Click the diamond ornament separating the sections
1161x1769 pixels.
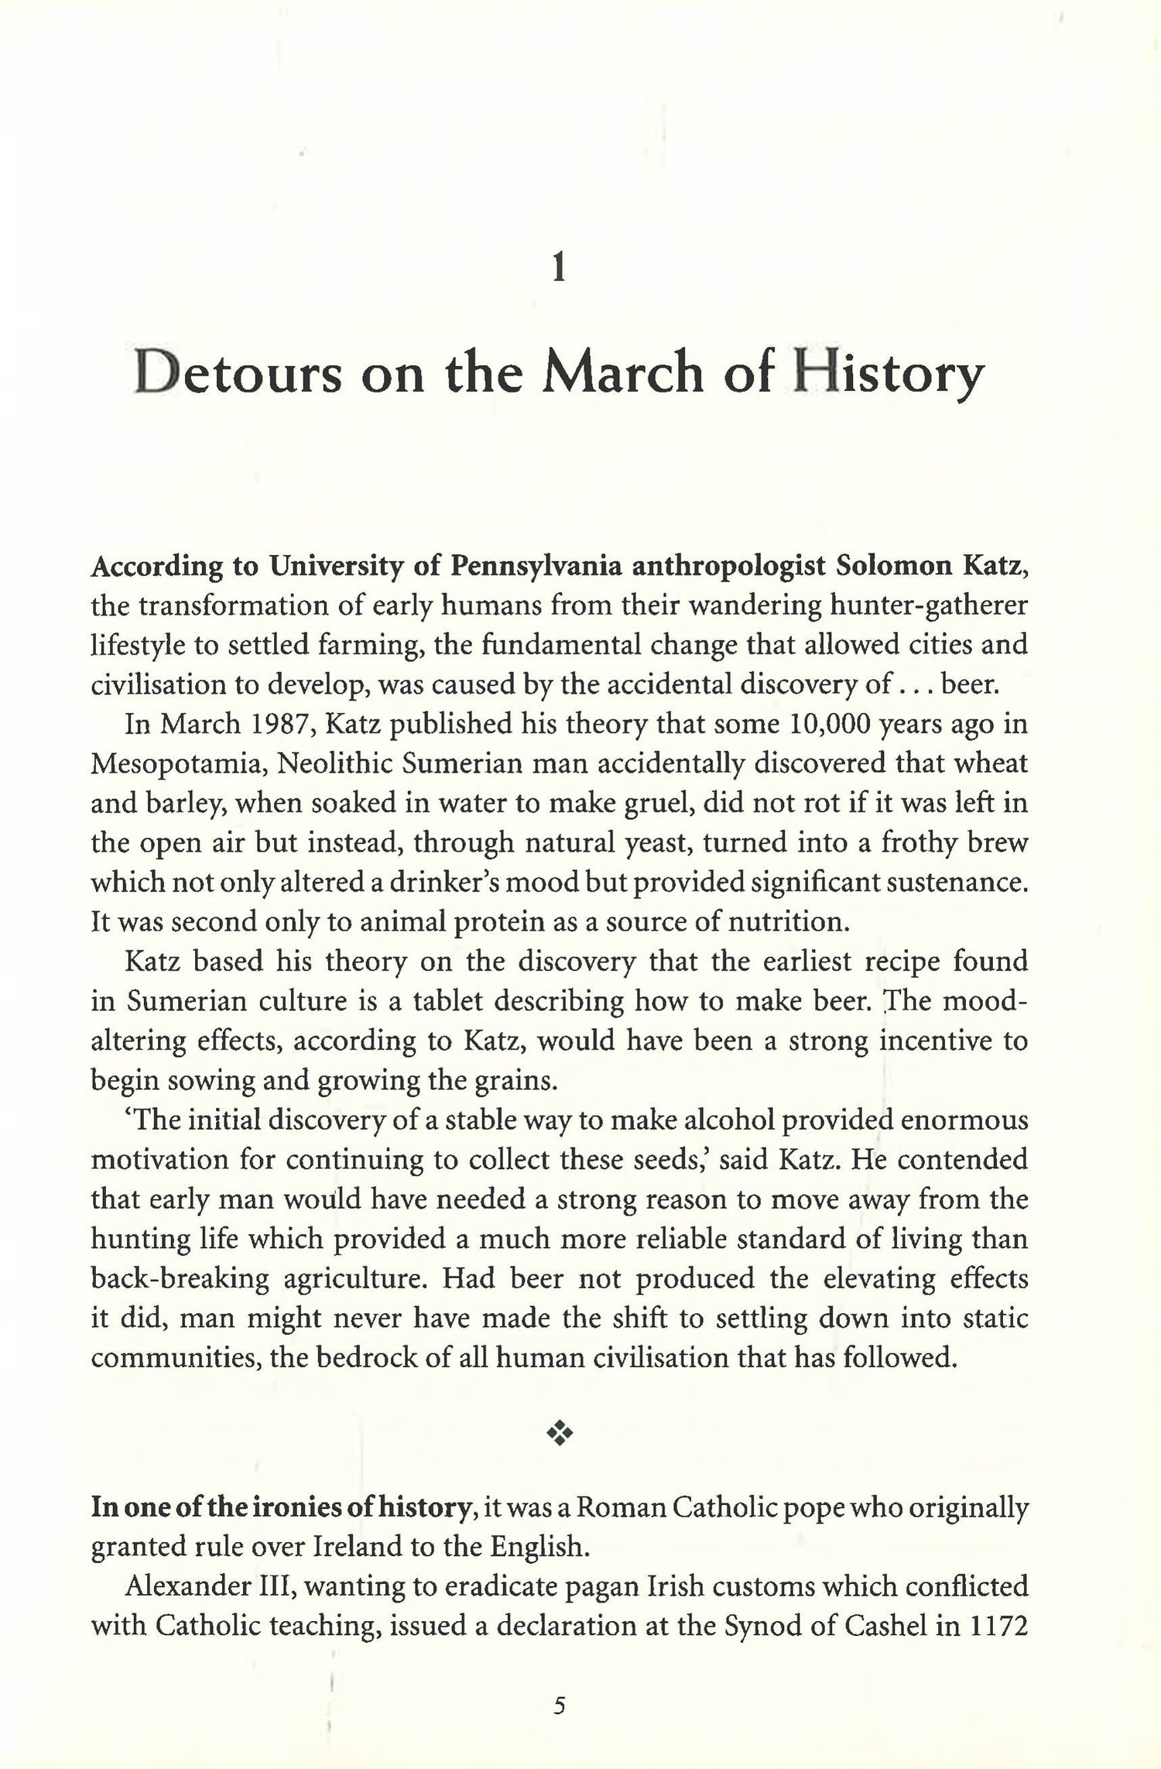point(559,1435)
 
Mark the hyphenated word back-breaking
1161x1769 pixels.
point(180,1278)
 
